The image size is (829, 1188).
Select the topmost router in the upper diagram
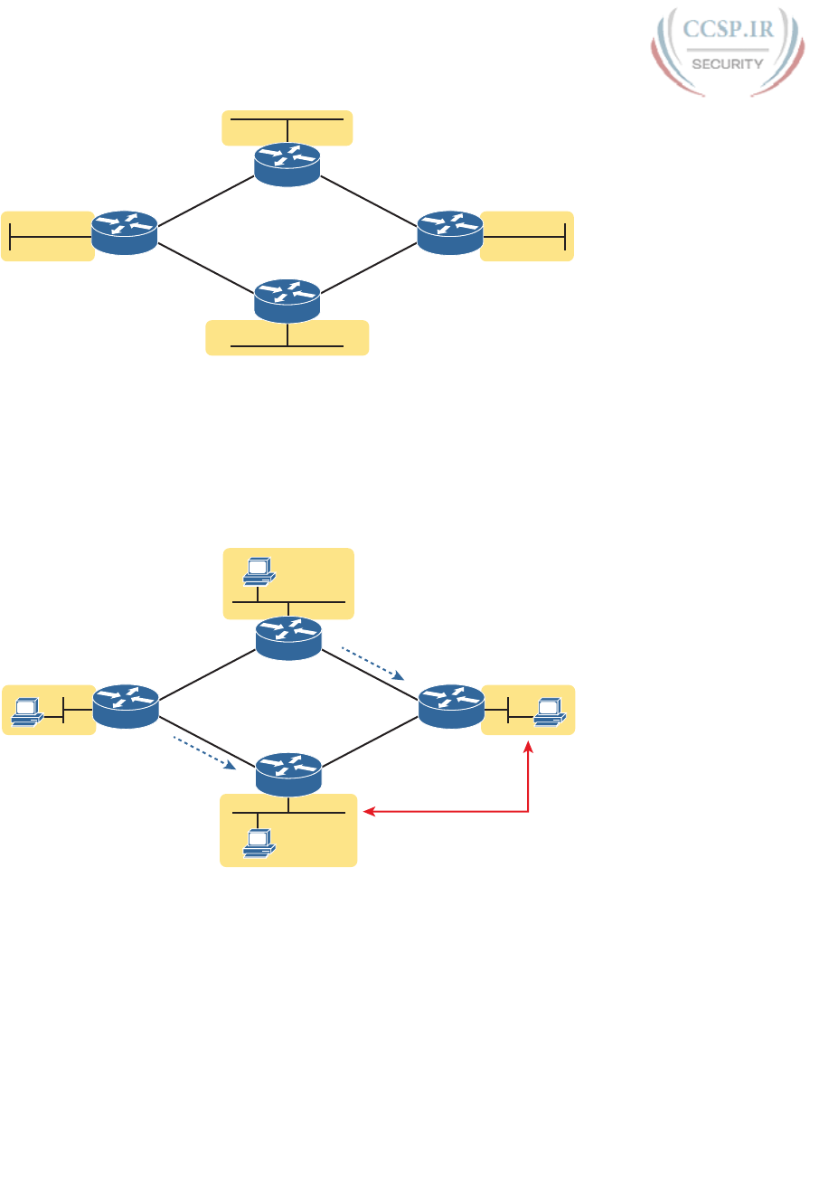click(x=287, y=165)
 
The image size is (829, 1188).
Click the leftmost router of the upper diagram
click(x=125, y=232)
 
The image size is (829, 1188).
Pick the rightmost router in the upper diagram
click(x=450, y=232)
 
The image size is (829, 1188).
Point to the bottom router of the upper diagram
click(x=287, y=300)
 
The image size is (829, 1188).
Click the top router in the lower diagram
click(x=288, y=638)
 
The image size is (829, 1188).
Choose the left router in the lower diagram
click(x=126, y=706)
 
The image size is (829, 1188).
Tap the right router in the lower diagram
click(x=451, y=706)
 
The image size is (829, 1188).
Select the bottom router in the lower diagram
click(x=288, y=775)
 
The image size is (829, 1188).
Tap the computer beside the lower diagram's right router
click(x=549, y=711)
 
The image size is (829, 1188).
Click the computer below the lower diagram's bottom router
click(x=259, y=844)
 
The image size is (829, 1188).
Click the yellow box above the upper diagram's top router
click(x=287, y=127)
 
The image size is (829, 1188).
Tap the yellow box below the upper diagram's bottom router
click(x=287, y=337)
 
